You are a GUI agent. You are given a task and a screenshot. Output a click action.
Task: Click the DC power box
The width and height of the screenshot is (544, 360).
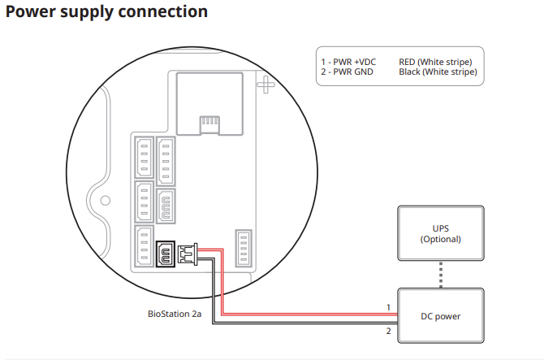point(441,315)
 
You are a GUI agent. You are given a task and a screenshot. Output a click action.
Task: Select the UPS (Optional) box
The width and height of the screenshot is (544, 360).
point(441,233)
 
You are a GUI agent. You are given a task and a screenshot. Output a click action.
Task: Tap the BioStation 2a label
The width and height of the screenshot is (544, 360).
point(175,314)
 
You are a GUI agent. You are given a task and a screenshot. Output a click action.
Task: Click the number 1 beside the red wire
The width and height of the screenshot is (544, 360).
point(389,307)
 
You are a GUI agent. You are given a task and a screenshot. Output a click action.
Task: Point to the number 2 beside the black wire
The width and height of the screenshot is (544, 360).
point(389,331)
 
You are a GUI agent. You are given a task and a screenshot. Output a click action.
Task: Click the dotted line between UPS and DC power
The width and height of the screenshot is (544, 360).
point(441,275)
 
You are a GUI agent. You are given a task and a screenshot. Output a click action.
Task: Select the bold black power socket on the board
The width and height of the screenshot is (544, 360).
point(166,254)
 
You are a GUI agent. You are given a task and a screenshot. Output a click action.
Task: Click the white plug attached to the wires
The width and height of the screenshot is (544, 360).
point(188,254)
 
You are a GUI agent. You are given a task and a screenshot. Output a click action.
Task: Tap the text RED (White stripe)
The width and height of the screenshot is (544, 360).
point(435,62)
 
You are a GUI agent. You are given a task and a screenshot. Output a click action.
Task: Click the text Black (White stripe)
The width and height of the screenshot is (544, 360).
point(438,72)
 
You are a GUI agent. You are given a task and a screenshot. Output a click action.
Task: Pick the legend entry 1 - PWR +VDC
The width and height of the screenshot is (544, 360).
point(348,62)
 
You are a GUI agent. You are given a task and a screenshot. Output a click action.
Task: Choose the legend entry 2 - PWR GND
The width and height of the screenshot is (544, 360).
point(347,72)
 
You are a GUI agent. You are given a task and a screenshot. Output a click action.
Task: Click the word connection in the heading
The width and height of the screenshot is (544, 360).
point(163,11)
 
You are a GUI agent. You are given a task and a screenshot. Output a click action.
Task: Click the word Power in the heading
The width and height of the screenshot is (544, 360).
point(31,11)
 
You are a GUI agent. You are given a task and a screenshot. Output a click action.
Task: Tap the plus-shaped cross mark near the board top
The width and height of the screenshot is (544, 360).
point(266,85)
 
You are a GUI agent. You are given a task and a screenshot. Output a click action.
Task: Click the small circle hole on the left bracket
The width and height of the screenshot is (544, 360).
point(105,200)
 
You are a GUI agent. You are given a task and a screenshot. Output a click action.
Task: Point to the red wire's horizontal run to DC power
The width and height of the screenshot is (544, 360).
point(309,314)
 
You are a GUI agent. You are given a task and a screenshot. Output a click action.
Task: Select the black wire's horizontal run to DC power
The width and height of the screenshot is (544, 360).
point(305,323)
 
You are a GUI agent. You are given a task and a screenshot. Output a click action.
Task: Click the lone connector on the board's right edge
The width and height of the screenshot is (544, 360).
point(244,248)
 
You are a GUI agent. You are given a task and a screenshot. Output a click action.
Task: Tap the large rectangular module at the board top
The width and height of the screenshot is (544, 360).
point(209,103)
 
